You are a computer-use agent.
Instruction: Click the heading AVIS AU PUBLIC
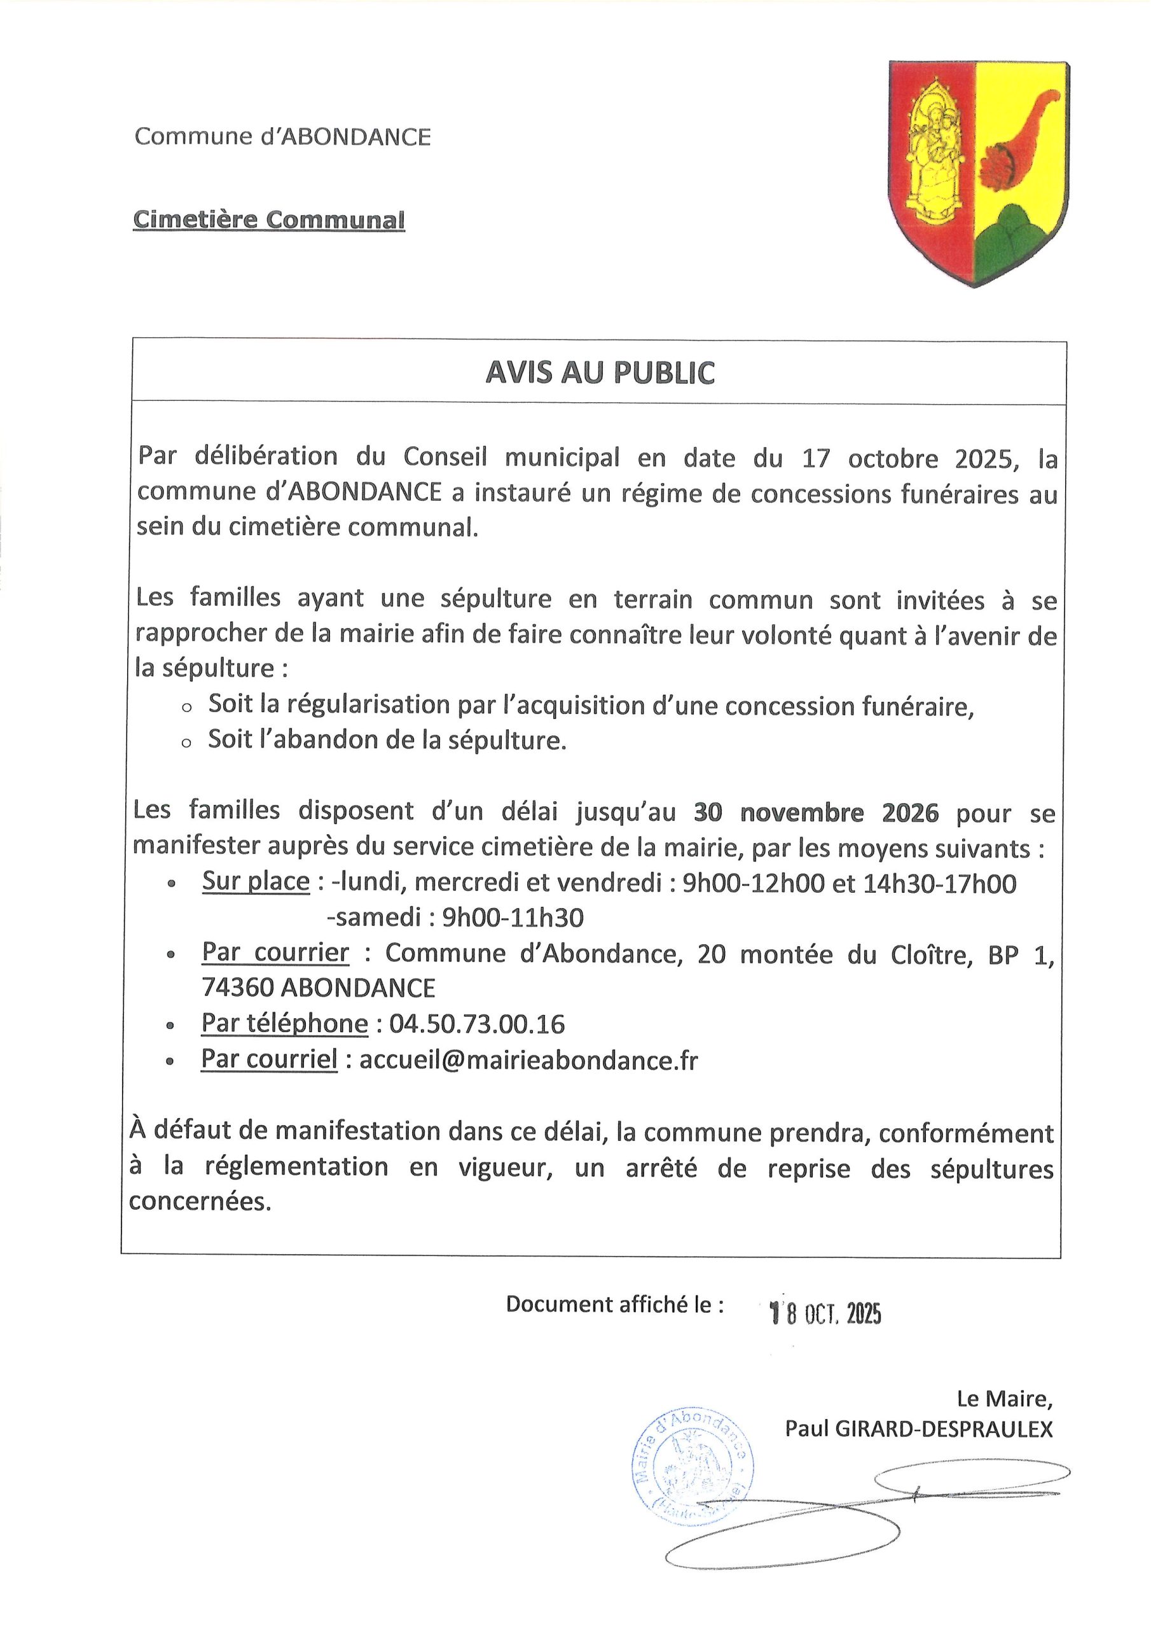tap(599, 373)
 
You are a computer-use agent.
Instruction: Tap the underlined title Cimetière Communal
tap(269, 220)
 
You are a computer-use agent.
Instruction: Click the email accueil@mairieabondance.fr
tap(528, 1059)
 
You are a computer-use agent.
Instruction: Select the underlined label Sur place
tap(256, 882)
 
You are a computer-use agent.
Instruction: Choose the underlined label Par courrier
tap(275, 952)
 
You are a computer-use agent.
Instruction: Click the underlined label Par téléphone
tap(284, 1024)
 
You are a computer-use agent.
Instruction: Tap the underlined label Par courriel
tap(270, 1059)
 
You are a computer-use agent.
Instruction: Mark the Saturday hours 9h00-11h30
tap(512, 918)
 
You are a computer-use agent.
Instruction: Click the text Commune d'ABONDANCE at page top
tap(282, 136)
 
